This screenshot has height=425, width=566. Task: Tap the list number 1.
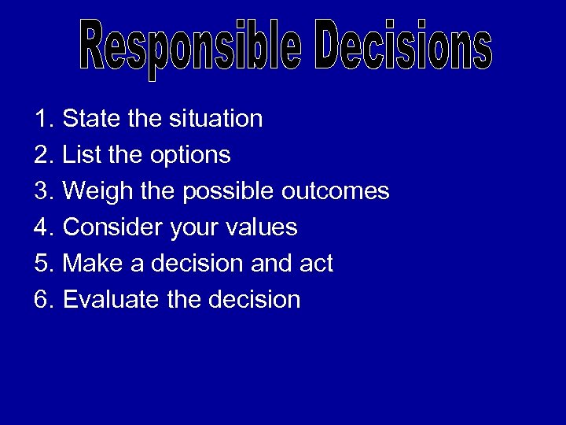pos(42,120)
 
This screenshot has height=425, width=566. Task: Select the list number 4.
pos(42,228)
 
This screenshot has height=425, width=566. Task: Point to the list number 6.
pos(42,300)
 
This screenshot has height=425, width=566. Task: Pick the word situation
pos(215,120)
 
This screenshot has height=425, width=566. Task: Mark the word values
pos(261,228)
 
